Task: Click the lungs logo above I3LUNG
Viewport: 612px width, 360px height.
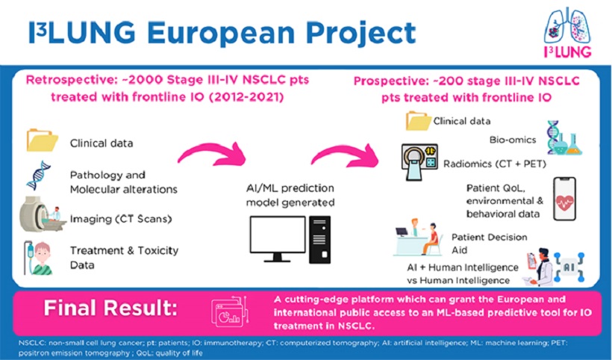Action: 567,26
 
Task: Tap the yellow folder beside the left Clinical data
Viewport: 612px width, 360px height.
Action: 42,140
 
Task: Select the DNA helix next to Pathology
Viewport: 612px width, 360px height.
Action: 39,176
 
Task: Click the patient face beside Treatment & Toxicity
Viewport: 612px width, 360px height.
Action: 42,252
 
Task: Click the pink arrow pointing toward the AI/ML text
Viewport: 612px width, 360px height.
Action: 213,154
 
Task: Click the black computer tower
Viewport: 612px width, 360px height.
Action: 319,239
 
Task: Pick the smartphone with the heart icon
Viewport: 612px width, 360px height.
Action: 564,199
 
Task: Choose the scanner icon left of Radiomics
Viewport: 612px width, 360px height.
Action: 419,161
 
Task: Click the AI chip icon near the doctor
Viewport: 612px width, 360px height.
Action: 569,267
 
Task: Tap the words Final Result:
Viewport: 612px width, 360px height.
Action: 110,308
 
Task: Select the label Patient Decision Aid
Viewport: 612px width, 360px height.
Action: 489,243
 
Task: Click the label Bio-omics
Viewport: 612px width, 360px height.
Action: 513,140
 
